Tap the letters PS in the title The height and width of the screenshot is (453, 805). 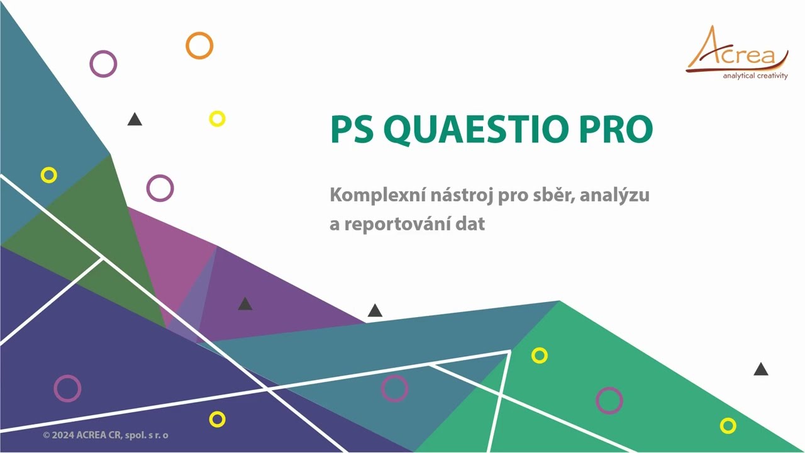[x=352, y=129]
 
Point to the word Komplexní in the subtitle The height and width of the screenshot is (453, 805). [x=377, y=195]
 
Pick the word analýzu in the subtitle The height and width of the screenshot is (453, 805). [x=614, y=195]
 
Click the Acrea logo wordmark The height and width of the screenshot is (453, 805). [x=736, y=50]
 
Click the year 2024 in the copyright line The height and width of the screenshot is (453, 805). [x=63, y=435]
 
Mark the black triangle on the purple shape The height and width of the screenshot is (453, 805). [x=245, y=304]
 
